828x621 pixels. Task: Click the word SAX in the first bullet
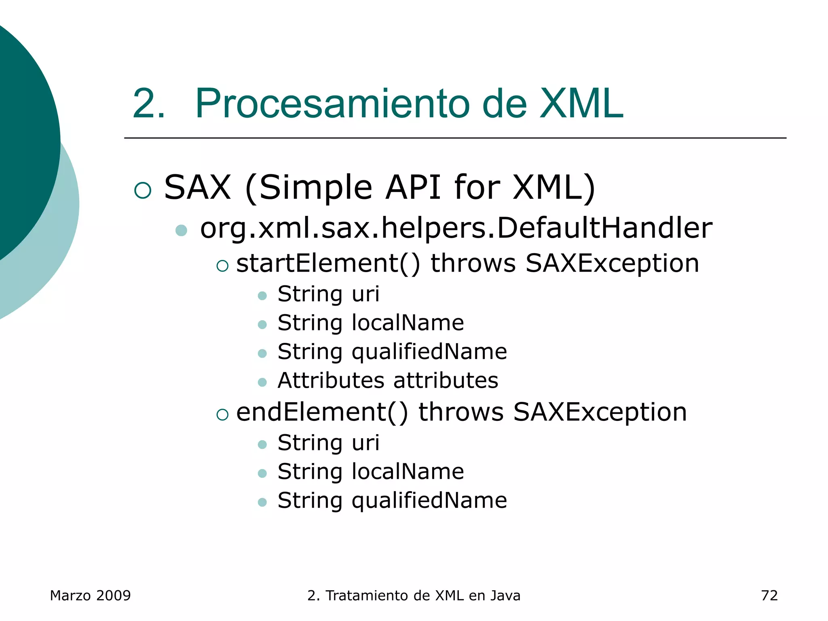pos(197,187)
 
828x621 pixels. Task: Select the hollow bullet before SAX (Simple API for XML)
pos(143,190)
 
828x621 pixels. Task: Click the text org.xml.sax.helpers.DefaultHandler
pos(456,228)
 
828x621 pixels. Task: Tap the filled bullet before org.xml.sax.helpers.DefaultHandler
pos(181,230)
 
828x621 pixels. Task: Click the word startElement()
pos(328,264)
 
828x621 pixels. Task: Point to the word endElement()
pos(322,412)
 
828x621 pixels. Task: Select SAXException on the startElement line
pos(612,264)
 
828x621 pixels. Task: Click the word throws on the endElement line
pos(461,412)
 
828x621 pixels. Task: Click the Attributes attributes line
pos(388,380)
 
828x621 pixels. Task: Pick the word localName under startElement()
pos(408,323)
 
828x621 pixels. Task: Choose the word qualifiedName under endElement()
pos(429,501)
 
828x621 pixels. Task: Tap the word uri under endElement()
pos(365,443)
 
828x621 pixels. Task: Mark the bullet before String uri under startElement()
pos(262,296)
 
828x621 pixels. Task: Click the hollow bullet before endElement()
pos(222,414)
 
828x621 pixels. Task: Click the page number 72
pos(769,596)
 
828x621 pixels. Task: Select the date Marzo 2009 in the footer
pos(90,596)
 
